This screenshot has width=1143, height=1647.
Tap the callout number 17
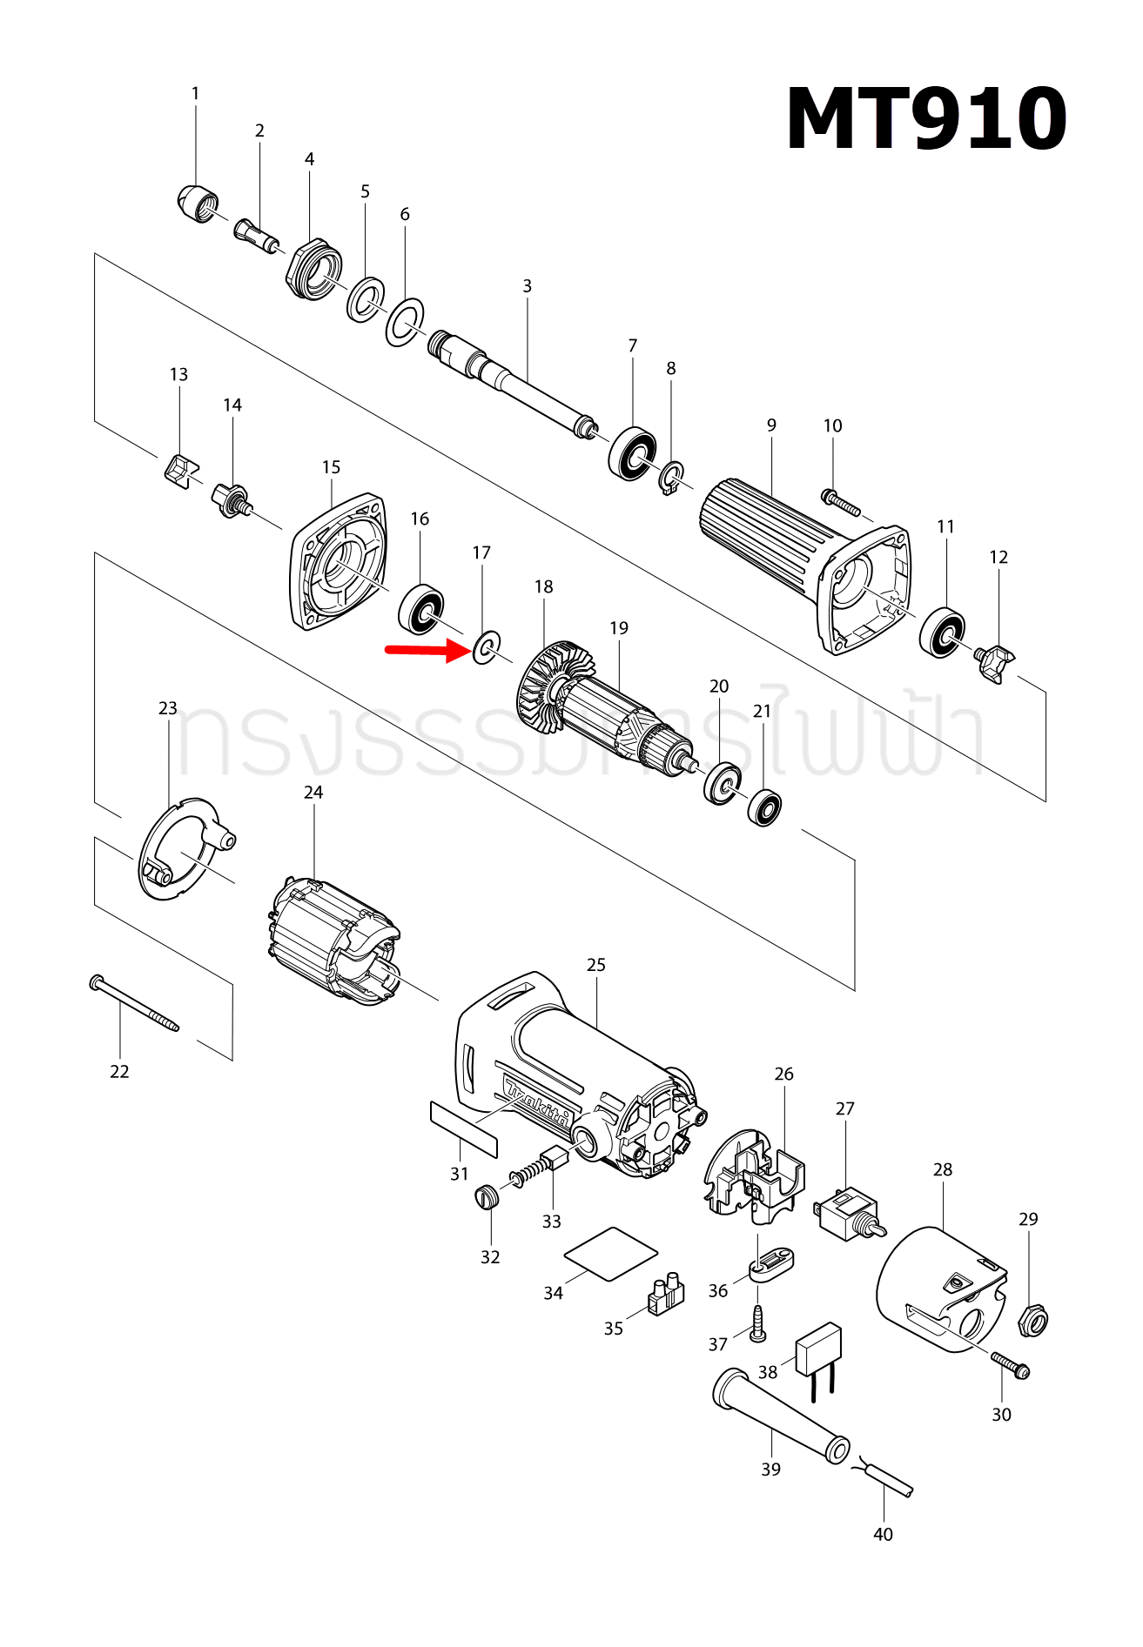[x=481, y=552]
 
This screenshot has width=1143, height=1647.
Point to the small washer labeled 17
[x=486, y=647]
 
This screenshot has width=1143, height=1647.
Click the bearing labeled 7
[x=631, y=452]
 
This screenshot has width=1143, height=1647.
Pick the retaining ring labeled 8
[x=671, y=478]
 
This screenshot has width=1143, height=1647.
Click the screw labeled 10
[x=840, y=502]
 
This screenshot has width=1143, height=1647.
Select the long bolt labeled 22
[x=134, y=1003]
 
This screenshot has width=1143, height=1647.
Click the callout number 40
[x=883, y=1534]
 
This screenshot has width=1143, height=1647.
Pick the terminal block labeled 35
[x=665, y=1294]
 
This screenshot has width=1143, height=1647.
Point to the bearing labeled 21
[x=764, y=807]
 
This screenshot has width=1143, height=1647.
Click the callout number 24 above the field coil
[x=313, y=792]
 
